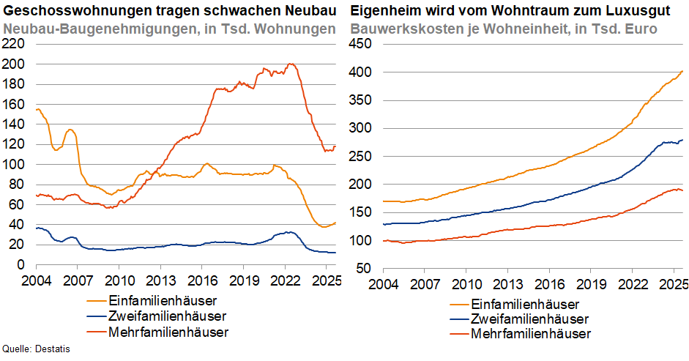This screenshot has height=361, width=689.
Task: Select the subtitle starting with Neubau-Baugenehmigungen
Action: pyautogui.click(x=169, y=29)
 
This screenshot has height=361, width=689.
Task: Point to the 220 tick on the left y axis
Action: pyautogui.click(x=15, y=43)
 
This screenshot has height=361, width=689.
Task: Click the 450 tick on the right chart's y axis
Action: pyautogui.click(x=362, y=43)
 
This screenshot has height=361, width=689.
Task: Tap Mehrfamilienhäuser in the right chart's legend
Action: pyautogui.click(x=530, y=334)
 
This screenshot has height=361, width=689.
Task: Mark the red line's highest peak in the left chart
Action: pyautogui.click(x=291, y=64)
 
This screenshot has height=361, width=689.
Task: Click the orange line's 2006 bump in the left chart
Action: pyautogui.click(x=70, y=130)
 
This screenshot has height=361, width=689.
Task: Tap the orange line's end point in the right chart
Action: pyautogui.click(x=682, y=71)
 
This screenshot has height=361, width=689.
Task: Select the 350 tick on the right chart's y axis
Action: pyautogui.click(x=362, y=100)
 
